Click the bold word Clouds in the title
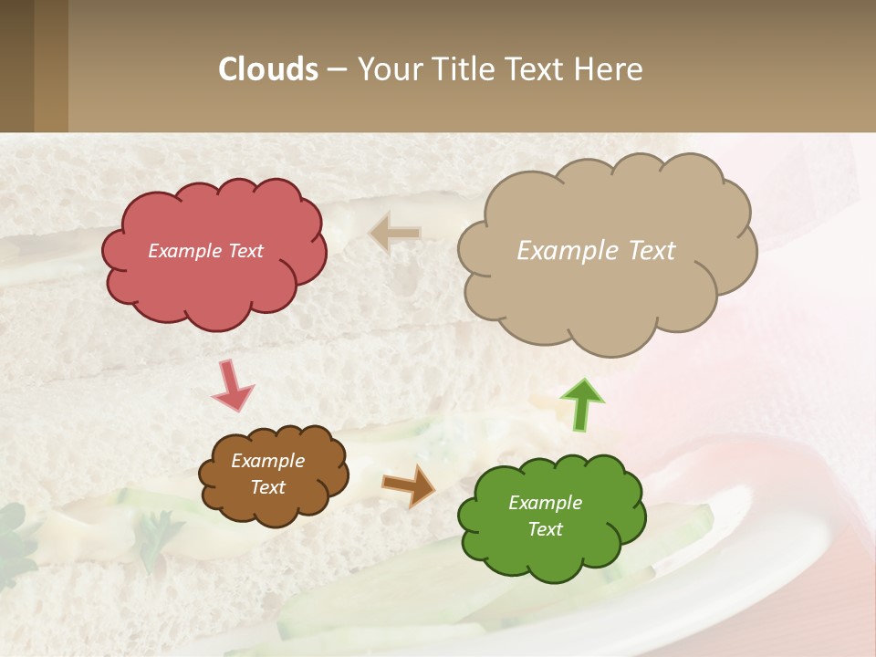click(268, 69)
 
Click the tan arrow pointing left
click(395, 233)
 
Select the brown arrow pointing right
click(409, 485)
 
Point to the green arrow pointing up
click(581, 403)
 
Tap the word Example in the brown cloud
click(267, 461)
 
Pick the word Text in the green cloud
click(545, 529)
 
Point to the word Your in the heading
click(390, 69)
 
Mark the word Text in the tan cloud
click(652, 251)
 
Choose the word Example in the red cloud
click(185, 251)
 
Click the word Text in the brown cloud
click(267, 487)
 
